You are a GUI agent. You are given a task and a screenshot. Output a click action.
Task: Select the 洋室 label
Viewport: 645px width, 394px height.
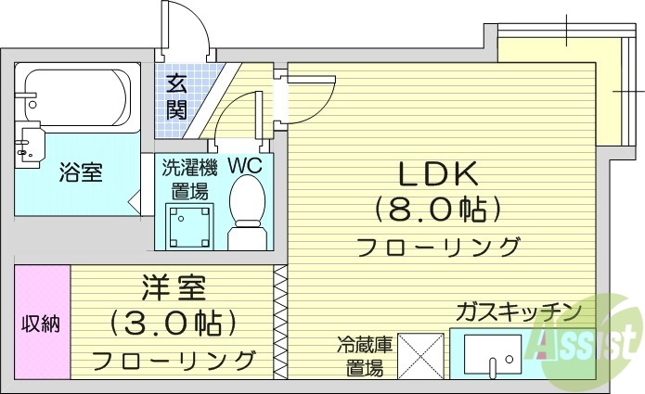point(174,288)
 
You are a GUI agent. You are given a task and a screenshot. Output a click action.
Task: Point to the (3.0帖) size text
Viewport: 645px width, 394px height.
point(174,324)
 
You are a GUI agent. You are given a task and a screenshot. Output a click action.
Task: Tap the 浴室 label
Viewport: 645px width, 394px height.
point(81,172)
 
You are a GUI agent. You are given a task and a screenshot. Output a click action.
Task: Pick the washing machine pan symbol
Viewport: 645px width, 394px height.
point(187,223)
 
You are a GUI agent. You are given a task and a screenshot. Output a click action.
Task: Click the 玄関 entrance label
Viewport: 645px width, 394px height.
point(176,97)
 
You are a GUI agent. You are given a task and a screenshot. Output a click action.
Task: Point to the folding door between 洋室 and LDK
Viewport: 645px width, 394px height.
point(279,322)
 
